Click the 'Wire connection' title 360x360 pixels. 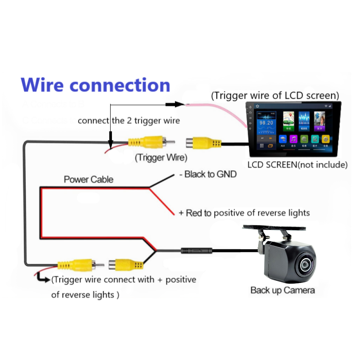click(x=95, y=85)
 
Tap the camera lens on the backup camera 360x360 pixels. click(x=305, y=265)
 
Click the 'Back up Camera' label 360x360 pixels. click(x=283, y=290)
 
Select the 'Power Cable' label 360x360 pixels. click(x=88, y=179)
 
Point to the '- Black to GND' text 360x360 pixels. click(x=208, y=175)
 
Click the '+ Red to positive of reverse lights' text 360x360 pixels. click(x=244, y=213)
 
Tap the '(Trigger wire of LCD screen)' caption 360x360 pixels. click(x=275, y=96)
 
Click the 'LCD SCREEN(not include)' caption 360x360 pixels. click(x=297, y=165)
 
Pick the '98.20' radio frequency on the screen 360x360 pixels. click(x=266, y=123)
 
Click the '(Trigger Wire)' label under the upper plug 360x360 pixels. click(x=161, y=157)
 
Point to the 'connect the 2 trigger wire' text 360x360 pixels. click(x=129, y=121)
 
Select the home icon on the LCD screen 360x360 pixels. click(x=257, y=106)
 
